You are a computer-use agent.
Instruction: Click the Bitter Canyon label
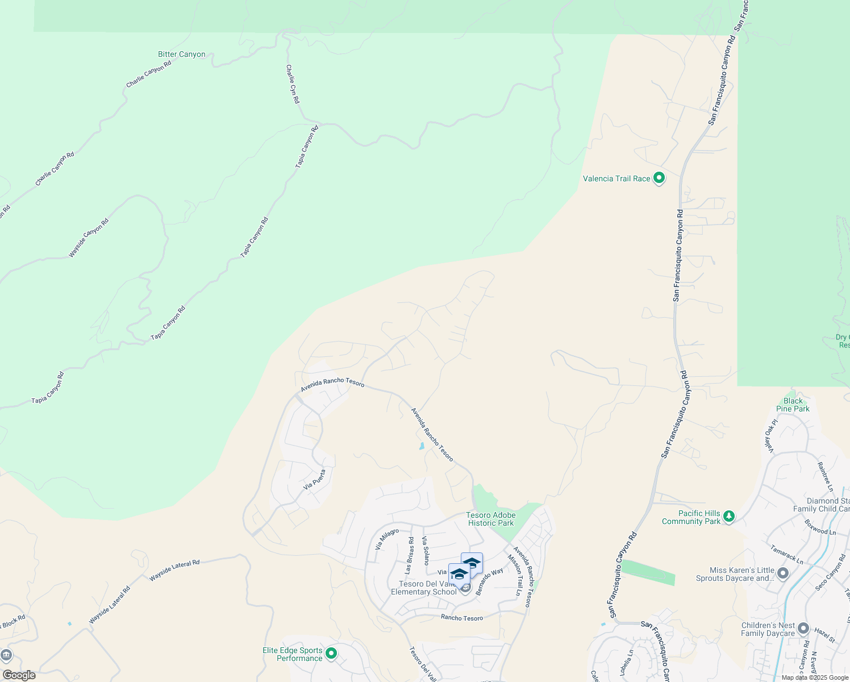181,55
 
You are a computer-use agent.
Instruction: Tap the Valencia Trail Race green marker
659,178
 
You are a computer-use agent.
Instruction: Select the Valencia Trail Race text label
616,178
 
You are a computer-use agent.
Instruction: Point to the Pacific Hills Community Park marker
729,517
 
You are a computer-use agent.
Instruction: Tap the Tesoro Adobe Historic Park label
491,519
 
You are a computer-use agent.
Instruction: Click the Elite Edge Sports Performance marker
331,654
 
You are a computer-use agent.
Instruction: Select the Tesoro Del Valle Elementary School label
424,588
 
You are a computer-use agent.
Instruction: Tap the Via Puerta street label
315,479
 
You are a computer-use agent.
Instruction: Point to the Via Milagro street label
387,539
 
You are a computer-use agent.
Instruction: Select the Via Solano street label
426,550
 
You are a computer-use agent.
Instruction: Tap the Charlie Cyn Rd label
293,84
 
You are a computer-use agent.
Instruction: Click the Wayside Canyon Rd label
89,238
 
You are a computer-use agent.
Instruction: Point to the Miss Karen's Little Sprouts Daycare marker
783,573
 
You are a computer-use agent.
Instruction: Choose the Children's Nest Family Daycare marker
803,629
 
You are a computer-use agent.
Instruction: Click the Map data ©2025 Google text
815,677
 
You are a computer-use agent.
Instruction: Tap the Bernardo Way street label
489,581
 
